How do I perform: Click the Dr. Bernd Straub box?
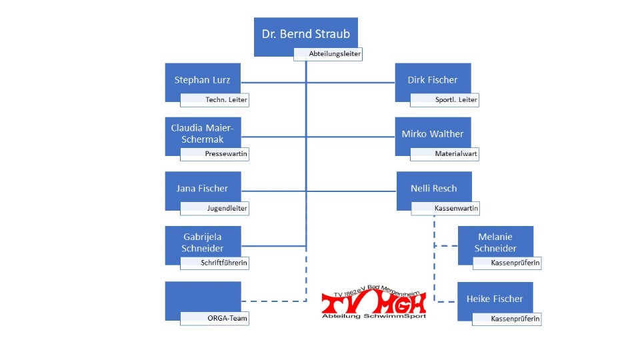click(305, 35)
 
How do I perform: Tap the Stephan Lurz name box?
click(203, 80)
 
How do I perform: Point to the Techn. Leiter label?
click(219, 100)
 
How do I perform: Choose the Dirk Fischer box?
click(433, 80)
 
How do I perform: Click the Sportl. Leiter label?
click(445, 100)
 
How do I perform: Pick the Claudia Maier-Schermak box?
click(203, 133)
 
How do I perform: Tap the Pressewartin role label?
click(219, 154)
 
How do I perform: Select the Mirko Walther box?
click(433, 134)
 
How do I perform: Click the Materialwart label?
click(445, 154)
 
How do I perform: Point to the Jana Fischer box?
click(203, 189)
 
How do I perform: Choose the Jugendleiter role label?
click(219, 209)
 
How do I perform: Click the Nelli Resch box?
click(434, 189)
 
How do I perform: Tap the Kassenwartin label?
click(446, 209)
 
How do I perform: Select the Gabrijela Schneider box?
click(203, 243)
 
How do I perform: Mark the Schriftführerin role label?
click(219, 263)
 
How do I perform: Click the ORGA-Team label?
click(219, 319)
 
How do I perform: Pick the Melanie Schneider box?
click(495, 243)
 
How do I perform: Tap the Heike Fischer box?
click(495, 299)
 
